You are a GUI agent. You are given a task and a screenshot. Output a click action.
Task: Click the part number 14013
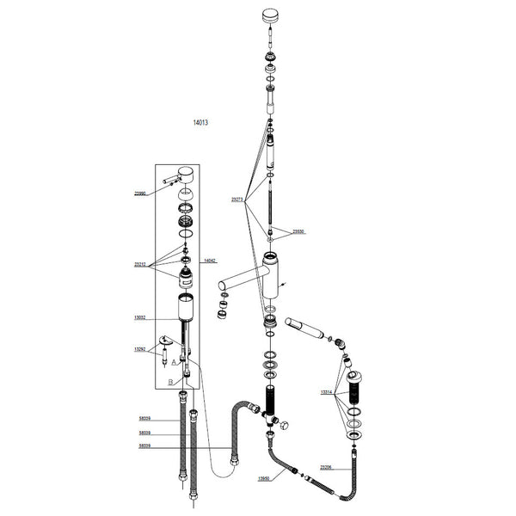[x=201, y=123]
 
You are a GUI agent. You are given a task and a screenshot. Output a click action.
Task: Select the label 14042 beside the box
[x=209, y=260]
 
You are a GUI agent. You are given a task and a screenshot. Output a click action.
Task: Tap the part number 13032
[x=140, y=317]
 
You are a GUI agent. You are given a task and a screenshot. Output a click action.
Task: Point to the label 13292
[x=140, y=349]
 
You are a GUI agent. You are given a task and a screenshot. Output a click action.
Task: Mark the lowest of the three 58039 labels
[x=144, y=445]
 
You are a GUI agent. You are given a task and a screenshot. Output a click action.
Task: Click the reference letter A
[x=174, y=364]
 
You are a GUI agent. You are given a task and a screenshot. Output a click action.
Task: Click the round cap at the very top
[x=271, y=16]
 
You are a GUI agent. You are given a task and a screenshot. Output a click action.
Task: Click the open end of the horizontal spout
[x=220, y=286]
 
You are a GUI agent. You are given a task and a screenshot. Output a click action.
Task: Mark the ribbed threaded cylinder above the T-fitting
[x=273, y=399]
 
